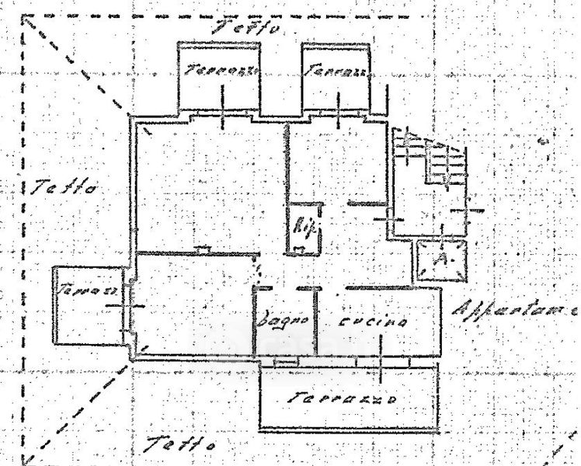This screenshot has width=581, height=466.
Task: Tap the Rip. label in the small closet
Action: [x=301, y=228]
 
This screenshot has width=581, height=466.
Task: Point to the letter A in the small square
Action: [x=441, y=259]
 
